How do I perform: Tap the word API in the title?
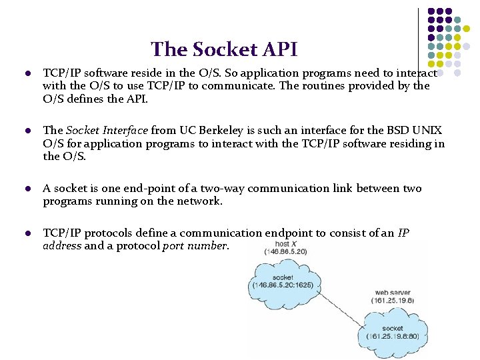[x=279, y=49]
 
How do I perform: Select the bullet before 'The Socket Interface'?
[x=27, y=131]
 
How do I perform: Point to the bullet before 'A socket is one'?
[x=27, y=189]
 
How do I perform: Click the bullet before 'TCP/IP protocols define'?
[x=27, y=234]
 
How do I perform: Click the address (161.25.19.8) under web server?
[x=392, y=301]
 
